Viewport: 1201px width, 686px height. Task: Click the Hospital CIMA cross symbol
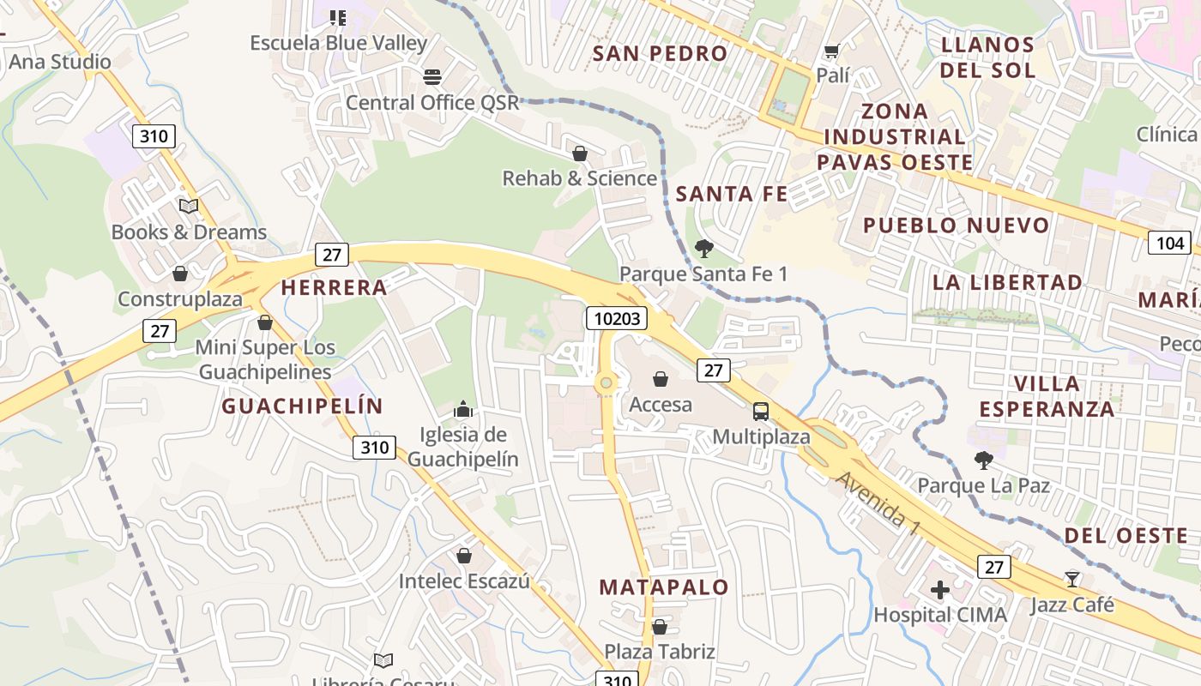[940, 590]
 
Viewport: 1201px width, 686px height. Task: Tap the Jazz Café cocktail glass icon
[1072, 579]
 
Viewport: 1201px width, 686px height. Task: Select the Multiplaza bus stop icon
[761, 411]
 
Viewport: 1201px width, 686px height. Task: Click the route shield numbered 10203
[616, 319]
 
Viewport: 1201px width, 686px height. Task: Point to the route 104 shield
[1169, 244]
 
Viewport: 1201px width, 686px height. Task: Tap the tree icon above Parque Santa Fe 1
[704, 249]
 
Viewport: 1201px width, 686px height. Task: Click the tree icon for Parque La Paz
[984, 460]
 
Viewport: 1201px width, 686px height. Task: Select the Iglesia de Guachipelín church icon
[463, 409]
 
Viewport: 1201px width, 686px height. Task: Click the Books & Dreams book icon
[189, 207]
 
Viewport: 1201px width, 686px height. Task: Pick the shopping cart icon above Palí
[831, 51]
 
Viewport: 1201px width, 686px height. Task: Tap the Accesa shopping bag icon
[661, 379]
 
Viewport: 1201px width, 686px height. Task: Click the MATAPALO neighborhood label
[664, 587]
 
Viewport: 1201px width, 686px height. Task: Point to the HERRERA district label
[335, 287]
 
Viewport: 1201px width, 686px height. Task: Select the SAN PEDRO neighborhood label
[661, 53]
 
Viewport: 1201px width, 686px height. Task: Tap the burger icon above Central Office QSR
[432, 77]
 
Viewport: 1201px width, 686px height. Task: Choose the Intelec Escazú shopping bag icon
[464, 556]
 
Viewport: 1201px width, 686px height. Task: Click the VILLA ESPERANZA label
[1047, 396]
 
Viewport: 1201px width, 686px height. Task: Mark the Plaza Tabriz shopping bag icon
[660, 627]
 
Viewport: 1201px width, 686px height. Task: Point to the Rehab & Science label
[579, 178]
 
